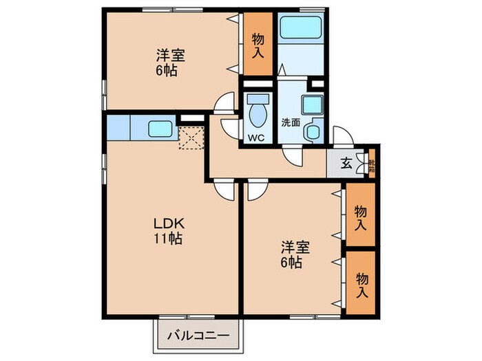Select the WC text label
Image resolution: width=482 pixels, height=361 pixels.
[257, 137]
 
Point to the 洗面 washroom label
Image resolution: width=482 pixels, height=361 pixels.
[290, 123]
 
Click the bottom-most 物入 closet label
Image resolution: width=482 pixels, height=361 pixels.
[360, 283]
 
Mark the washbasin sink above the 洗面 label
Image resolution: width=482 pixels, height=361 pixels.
[311, 105]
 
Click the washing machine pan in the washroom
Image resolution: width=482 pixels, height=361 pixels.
[314, 130]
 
